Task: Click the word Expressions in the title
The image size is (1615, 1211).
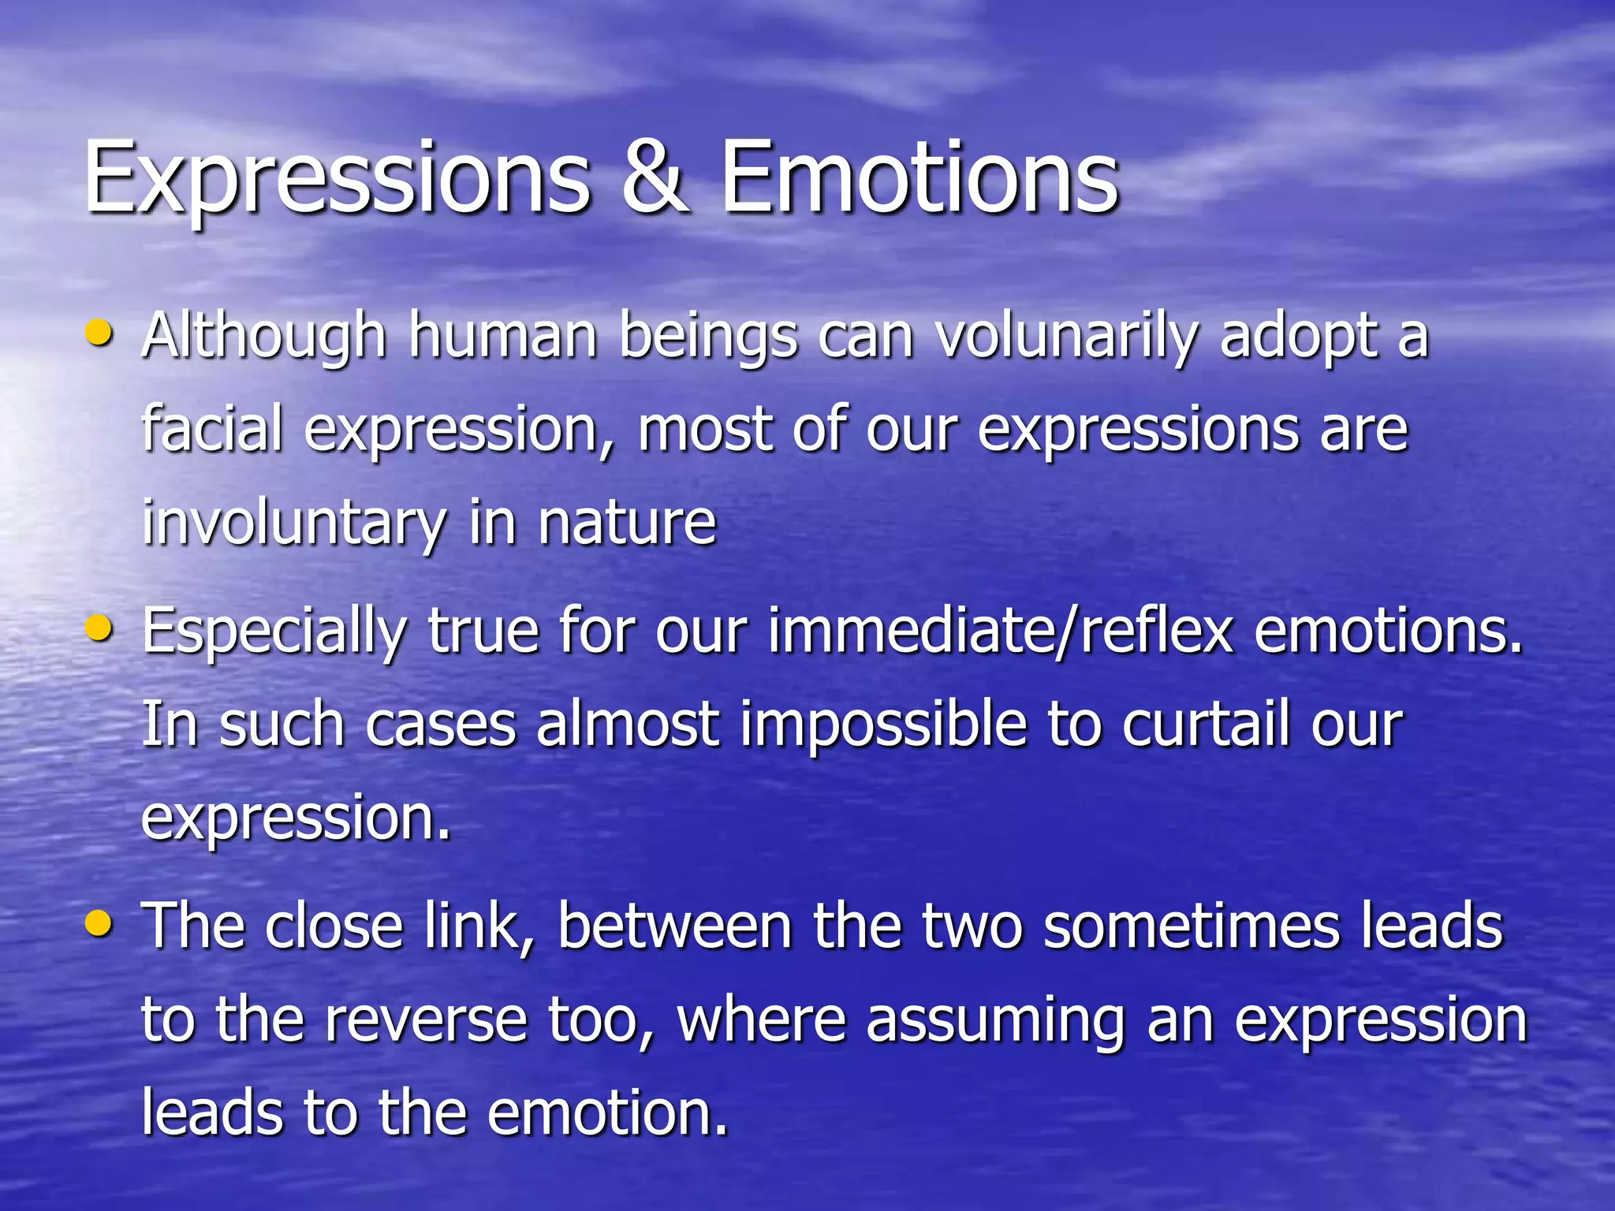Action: click(x=338, y=180)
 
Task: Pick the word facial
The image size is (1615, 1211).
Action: click(x=212, y=430)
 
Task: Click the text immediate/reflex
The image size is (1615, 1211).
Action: click(x=1001, y=632)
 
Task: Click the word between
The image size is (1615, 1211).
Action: click(x=674, y=926)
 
